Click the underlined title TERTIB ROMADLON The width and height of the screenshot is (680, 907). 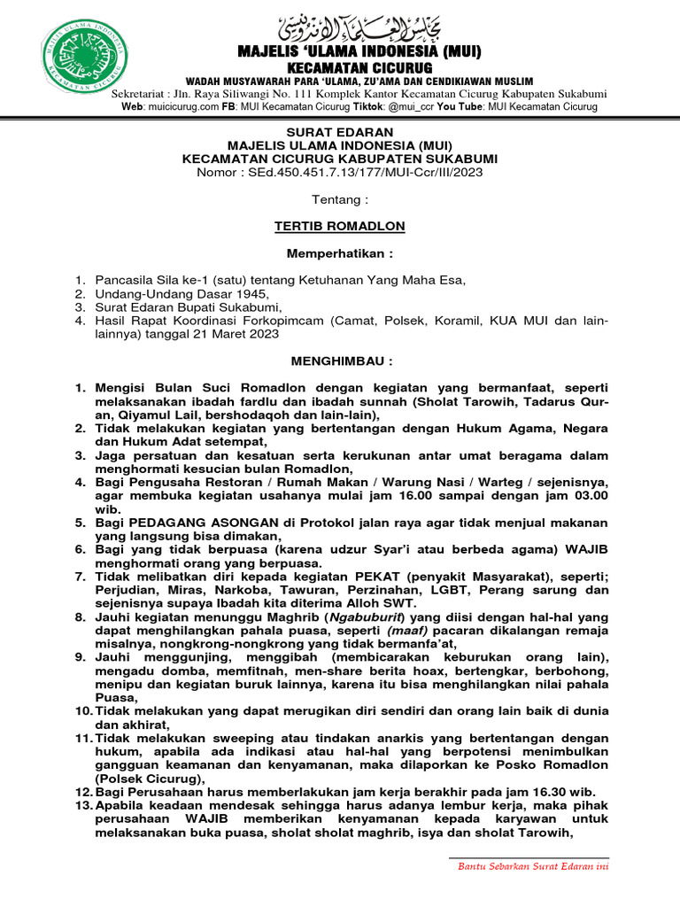pyautogui.click(x=340, y=227)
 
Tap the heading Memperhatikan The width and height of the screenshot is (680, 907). pyautogui.click(x=340, y=253)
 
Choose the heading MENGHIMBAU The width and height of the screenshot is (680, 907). pyautogui.click(x=340, y=361)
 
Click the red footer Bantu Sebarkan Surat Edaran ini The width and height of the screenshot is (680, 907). pyautogui.click(x=533, y=865)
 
